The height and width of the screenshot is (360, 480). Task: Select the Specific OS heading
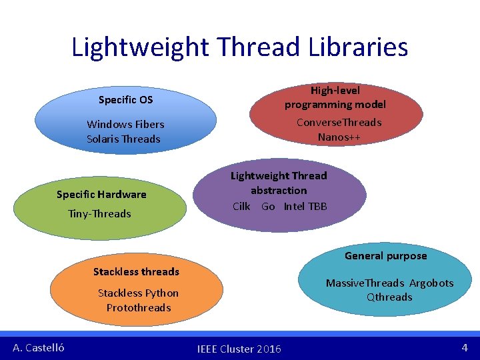point(125,100)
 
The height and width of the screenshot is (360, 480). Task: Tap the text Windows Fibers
point(125,125)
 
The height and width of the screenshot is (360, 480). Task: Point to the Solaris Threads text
point(123,139)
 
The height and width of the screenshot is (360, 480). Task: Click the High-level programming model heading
point(335,97)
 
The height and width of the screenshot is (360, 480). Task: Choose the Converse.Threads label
point(339,123)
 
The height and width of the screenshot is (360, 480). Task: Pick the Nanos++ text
point(340,137)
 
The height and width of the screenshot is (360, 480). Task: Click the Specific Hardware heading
point(101,195)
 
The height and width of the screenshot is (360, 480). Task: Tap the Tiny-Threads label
point(100,214)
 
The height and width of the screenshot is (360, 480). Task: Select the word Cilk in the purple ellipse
point(241,207)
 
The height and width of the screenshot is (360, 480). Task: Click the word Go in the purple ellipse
point(268,207)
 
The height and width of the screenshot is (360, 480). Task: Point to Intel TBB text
point(305,207)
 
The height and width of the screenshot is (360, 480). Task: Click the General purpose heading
point(385,256)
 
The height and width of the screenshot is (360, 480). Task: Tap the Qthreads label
point(389,297)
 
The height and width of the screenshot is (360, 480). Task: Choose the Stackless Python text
point(138,293)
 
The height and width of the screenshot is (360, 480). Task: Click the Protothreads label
point(139,308)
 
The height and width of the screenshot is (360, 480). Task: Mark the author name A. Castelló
point(39,347)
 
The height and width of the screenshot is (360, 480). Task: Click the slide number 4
point(465,347)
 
